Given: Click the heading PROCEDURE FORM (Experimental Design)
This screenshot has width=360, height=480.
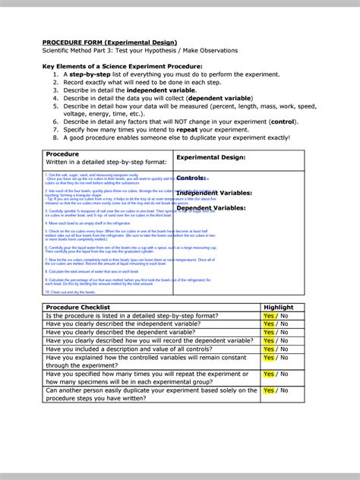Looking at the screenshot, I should pos(109,42).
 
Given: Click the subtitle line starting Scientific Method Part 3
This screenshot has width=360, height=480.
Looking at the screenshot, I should pos(140,51).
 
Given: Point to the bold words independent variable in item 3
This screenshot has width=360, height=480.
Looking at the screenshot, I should pos(162,90).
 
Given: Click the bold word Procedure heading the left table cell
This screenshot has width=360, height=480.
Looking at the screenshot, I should pos(62,153).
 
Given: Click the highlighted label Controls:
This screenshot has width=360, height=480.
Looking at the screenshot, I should pos(191,178).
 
